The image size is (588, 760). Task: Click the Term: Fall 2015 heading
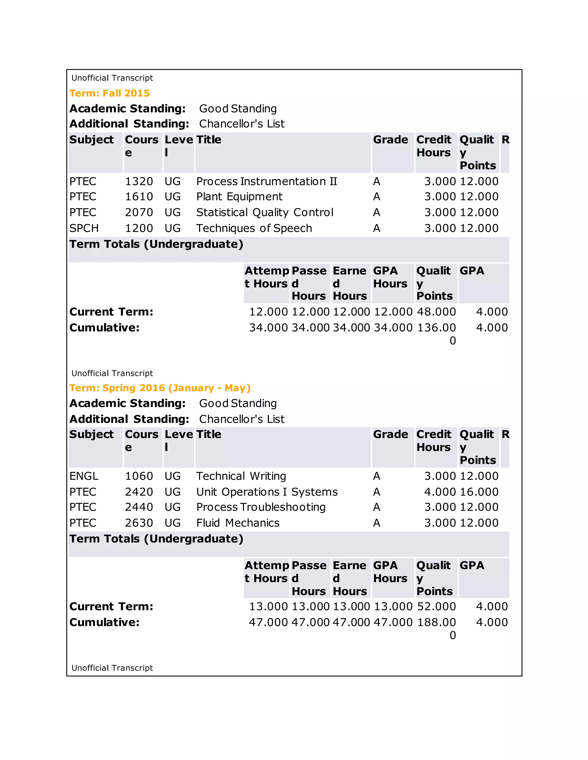[109, 93]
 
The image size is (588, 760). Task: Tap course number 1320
[139, 181]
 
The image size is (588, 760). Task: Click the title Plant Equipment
[239, 197]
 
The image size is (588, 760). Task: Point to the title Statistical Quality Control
[265, 212]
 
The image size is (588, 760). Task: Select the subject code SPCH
[84, 228]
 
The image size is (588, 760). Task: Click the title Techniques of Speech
[254, 228]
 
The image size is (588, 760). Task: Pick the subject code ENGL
[84, 476]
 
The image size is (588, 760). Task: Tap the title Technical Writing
[241, 476]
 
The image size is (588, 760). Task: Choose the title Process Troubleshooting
[261, 507]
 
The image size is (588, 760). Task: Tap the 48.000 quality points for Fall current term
[436, 312]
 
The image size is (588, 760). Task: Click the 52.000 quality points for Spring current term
[436, 607]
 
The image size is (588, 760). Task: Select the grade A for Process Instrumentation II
[377, 181]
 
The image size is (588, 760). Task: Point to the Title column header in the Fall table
[209, 140]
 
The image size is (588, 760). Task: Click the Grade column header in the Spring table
[390, 434]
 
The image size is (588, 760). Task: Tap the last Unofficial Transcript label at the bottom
[112, 668]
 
